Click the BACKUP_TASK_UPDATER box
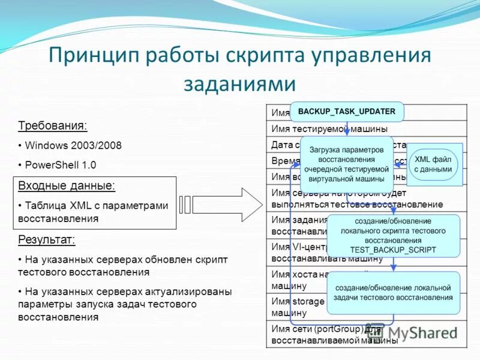click(347, 112)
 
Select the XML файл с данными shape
click(433, 164)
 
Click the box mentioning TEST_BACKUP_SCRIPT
click(392, 235)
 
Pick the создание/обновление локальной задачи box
click(393, 293)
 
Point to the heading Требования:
click(52, 126)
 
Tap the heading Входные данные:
click(67, 185)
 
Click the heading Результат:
click(47, 240)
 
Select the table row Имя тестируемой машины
click(329, 128)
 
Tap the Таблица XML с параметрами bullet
click(96, 212)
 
